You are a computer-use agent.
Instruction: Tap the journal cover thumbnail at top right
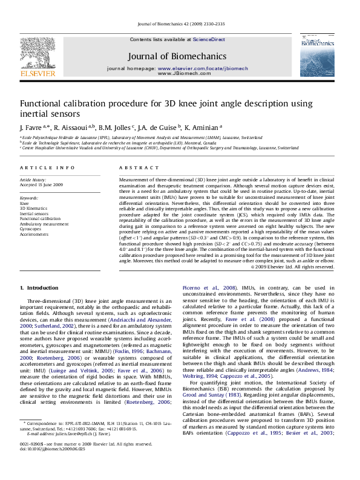point(316,55)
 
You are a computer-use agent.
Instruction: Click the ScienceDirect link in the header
point(209,39)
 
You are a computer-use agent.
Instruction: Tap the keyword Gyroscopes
point(31,229)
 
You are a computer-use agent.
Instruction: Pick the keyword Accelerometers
point(34,234)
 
